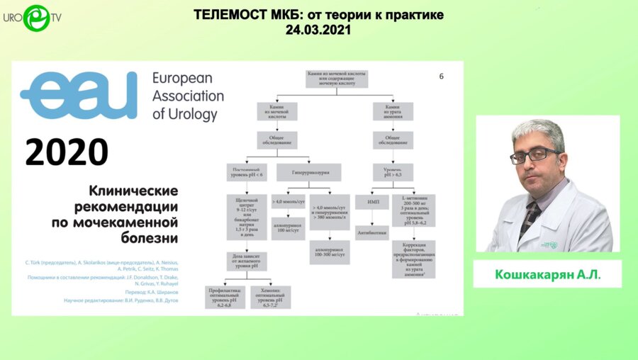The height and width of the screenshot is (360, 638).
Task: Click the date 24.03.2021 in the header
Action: pos(318,30)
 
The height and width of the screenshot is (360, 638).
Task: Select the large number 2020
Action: pos(67,152)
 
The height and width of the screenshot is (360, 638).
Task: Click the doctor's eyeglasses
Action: pos(532,154)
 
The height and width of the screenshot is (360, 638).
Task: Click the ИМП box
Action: pos(372,202)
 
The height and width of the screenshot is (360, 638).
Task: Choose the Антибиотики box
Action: pos(372,232)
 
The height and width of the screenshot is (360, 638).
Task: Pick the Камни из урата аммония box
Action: pos(397,111)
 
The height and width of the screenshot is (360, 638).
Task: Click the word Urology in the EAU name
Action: pos(186,113)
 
